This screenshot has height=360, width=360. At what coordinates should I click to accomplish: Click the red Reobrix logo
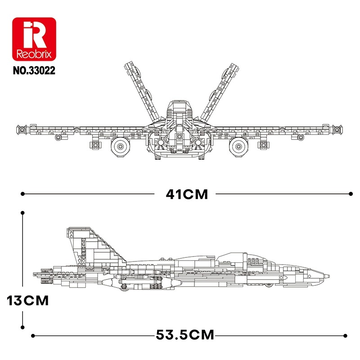pyautogui.click(x=34, y=39)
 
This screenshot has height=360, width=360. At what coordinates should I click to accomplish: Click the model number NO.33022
pyautogui.click(x=34, y=71)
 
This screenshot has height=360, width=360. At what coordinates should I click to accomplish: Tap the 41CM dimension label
pyautogui.click(x=187, y=194)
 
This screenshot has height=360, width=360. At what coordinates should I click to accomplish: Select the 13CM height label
pyautogui.click(x=28, y=301)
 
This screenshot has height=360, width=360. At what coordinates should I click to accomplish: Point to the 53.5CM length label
pyautogui.click(x=185, y=335)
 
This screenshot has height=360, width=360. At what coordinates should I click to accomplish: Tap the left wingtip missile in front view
pyautogui.click(x=22, y=130)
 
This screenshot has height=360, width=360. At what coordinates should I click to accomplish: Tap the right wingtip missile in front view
pyautogui.click(x=337, y=130)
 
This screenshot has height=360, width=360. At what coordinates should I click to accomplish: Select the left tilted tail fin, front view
pyautogui.click(x=142, y=91)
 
